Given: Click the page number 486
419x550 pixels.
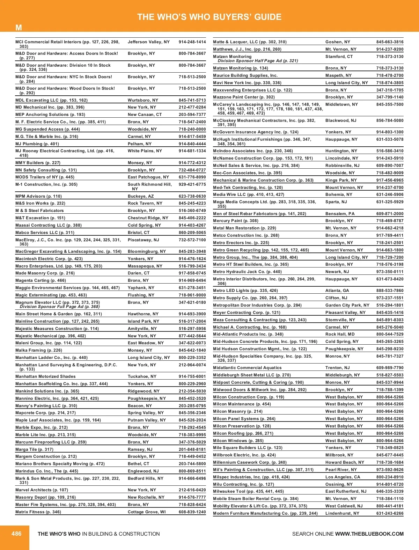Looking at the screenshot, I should (x=16, y=534).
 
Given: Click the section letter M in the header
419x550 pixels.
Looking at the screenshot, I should (x=19, y=28).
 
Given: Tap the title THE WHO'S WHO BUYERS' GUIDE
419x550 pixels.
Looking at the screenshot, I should (x=209, y=17).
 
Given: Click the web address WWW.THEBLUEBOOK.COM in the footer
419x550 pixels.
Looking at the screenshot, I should (x=369, y=534).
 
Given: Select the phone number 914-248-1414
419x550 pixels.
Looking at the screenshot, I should (x=192, y=42).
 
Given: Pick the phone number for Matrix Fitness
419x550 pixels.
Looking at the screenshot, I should (x=192, y=512).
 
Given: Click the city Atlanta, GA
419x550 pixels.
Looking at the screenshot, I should (x=337, y=291).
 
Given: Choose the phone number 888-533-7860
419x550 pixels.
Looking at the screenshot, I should (x=390, y=291).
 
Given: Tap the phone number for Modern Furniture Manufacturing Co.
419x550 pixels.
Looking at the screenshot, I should (x=390, y=513).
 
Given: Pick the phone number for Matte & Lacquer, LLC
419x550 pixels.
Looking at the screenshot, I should (x=390, y=42).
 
